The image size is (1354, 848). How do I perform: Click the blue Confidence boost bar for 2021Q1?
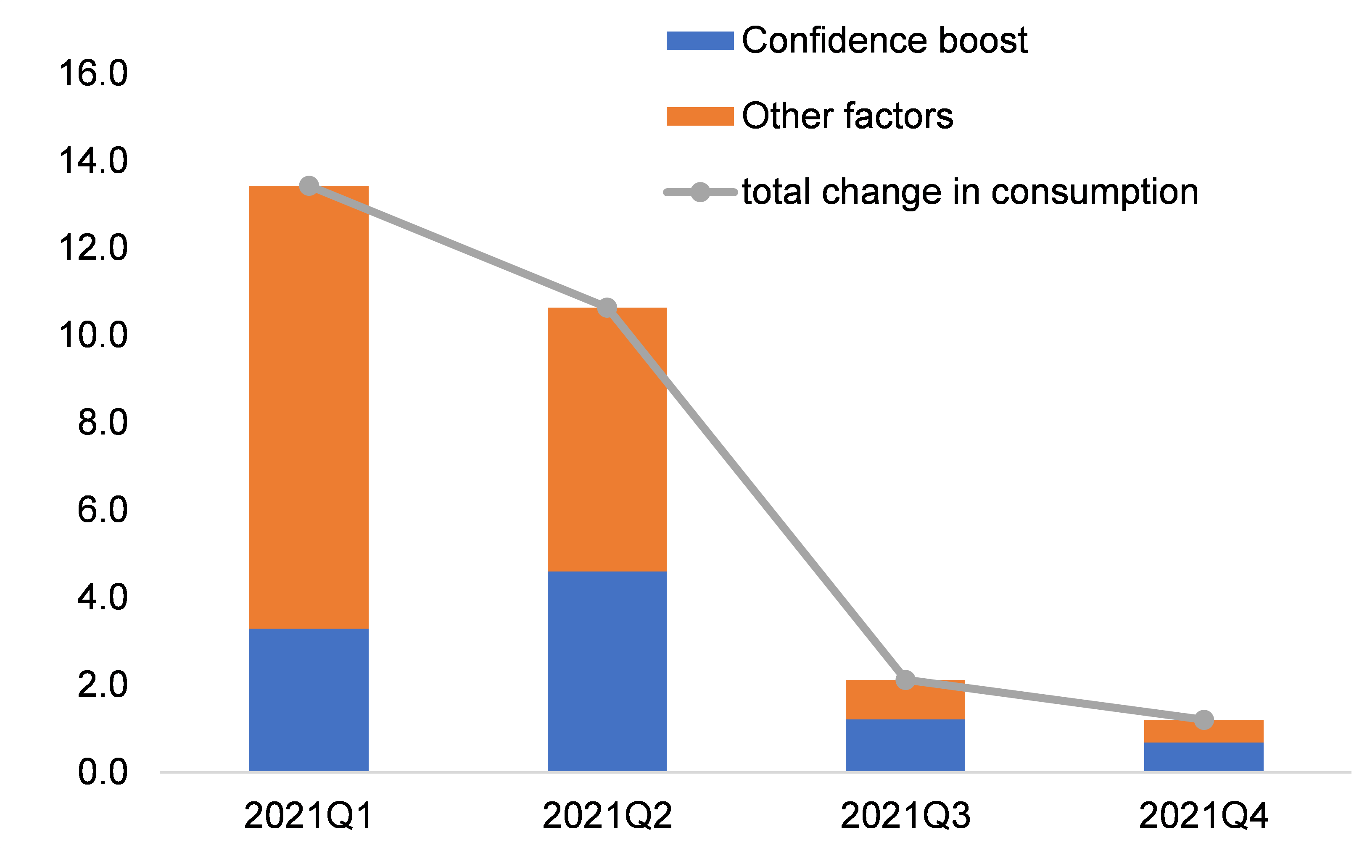pos(309,700)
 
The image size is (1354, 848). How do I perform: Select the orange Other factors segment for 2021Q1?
pos(309,407)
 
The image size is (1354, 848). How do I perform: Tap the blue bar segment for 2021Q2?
pos(607,672)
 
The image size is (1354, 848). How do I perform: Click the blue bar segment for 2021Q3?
pos(905,745)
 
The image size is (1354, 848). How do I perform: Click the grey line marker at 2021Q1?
pos(309,186)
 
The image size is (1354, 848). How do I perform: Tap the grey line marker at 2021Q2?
pos(607,308)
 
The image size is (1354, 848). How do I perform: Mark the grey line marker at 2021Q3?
pos(905,680)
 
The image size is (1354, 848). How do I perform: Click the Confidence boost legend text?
pos(884,40)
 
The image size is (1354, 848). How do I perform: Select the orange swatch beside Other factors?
pos(699,116)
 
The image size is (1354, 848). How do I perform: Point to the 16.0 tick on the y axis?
pos(93,74)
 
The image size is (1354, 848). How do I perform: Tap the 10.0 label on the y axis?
pos(93,335)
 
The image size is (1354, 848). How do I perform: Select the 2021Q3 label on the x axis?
pos(905,816)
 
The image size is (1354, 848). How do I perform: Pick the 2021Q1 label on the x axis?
pos(309,816)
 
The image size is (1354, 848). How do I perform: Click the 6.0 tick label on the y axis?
pos(103,510)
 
